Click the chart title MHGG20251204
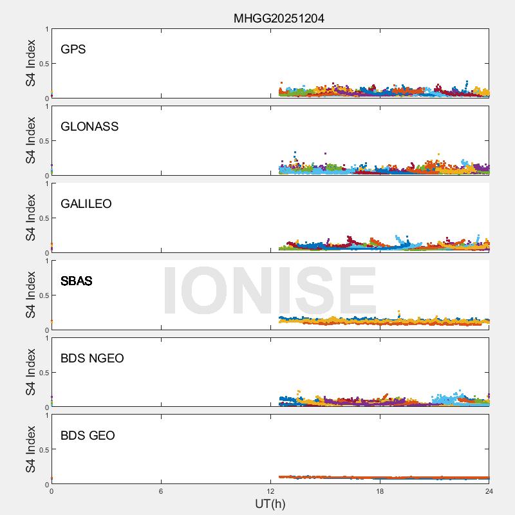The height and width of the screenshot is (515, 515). tap(279, 19)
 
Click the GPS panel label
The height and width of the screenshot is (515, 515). tap(73, 50)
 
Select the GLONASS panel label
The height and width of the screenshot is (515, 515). tap(89, 127)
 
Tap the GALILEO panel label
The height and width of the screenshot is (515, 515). tap(86, 204)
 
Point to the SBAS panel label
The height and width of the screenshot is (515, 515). tap(77, 281)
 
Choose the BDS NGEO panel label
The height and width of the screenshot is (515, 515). tap(92, 359)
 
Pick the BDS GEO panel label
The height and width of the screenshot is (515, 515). tap(88, 436)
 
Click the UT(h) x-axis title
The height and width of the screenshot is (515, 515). tap(270, 503)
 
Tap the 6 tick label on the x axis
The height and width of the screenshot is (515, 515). tap(161, 492)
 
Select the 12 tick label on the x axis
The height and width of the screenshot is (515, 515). tap(270, 492)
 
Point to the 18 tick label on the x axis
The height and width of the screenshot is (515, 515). tap(380, 492)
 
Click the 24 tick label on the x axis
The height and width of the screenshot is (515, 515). tap(489, 492)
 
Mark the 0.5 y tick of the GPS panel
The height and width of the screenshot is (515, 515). tap(42, 64)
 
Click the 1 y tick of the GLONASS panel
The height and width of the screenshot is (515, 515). tap(46, 107)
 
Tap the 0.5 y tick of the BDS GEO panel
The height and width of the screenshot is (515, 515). tap(42, 450)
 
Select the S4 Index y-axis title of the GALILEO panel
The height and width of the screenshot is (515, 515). tap(31, 218)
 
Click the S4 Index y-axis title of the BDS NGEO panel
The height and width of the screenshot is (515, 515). tap(31, 373)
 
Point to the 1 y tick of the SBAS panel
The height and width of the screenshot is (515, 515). tap(46, 261)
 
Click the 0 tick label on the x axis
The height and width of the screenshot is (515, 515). tap(51, 492)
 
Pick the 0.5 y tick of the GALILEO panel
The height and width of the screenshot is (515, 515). tap(42, 218)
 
